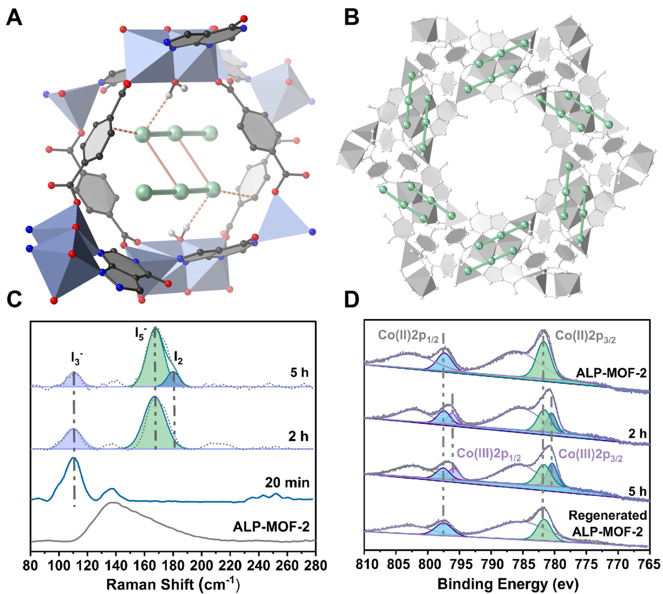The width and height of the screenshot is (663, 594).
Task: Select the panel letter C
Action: click(14, 299)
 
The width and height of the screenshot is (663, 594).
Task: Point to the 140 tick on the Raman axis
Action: click(116, 565)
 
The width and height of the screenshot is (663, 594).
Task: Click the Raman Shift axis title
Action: click(173, 583)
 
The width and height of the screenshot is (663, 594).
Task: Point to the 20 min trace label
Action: click(287, 483)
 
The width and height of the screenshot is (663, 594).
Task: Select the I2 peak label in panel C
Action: click(179, 358)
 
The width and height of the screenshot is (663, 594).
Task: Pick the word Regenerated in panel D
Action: click(608, 515)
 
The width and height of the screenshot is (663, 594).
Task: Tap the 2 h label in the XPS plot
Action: click(637, 433)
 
